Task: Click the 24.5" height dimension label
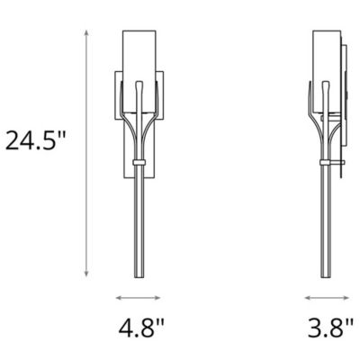[x=36, y=140]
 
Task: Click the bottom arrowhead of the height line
[x=86, y=275]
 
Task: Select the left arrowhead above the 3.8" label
[x=307, y=297]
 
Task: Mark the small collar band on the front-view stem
[x=139, y=161]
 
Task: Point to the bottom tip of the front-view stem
[x=139, y=276]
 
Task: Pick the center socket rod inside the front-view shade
[x=139, y=99]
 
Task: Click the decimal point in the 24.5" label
[x=40, y=151]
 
